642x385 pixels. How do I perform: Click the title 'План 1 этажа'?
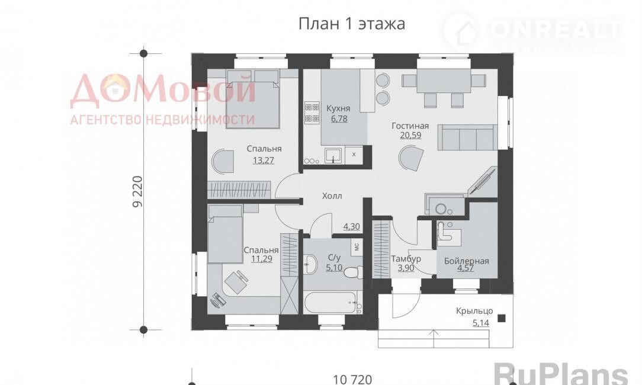352,23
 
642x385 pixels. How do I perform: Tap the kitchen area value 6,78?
338,119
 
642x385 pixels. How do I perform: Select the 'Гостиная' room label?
410,126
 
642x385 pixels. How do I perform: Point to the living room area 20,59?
410,135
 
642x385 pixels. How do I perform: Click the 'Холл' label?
332,196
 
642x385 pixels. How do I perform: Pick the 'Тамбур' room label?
406,259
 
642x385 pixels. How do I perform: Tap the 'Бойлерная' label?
466,261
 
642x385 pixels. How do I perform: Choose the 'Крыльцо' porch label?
474,311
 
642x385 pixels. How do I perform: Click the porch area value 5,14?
481,323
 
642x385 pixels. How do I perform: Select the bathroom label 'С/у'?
334,258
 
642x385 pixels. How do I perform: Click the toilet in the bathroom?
352,271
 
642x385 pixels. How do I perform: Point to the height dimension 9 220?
138,191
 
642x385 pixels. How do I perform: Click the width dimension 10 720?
352,379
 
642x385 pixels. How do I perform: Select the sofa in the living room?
468,137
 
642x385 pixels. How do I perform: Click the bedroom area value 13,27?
264,160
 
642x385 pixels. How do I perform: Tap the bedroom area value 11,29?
262,259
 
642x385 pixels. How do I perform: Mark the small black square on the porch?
501,318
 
